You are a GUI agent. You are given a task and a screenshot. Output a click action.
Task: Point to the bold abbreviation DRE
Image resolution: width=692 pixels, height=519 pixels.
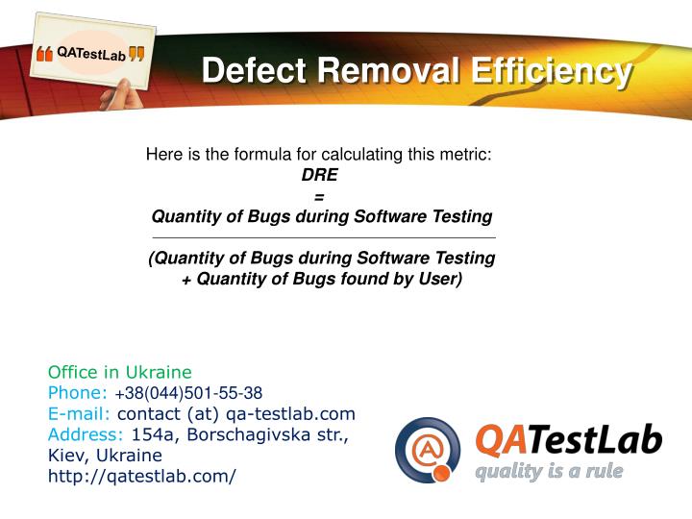tap(319, 175)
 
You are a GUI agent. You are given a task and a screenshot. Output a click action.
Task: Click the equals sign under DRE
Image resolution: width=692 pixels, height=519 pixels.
tap(319, 196)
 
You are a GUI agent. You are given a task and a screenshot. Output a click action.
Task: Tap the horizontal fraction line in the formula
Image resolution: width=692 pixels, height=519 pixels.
tap(324, 236)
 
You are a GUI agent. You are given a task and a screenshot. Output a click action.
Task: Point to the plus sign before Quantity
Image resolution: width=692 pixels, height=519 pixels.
tap(186, 279)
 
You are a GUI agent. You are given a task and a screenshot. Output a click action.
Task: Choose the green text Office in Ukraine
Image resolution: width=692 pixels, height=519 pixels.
tap(120, 372)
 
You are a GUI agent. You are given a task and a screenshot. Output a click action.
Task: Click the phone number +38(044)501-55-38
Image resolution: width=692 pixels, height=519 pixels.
tap(188, 393)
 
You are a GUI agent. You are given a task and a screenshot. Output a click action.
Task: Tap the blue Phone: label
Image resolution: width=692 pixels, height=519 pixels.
tap(78, 393)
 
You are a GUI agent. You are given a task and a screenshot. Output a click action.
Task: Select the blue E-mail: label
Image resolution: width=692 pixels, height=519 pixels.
tap(80, 413)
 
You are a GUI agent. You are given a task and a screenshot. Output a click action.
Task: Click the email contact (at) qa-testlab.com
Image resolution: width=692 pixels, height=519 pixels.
tap(236, 413)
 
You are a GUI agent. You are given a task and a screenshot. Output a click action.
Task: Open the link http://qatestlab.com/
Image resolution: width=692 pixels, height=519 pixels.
tap(142, 476)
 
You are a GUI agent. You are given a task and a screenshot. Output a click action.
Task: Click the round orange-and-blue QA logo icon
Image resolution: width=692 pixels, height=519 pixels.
tap(428, 450)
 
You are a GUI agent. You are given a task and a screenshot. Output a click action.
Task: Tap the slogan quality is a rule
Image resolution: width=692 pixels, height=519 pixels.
tap(550, 471)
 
